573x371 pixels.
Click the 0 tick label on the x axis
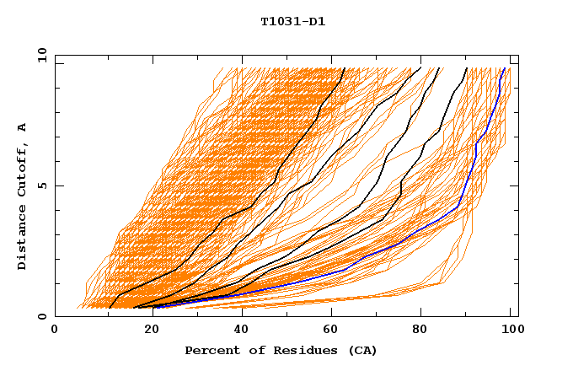point(55,331)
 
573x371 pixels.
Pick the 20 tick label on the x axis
point(147,331)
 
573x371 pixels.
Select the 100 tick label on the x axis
point(511,331)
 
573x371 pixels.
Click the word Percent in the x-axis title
point(210,351)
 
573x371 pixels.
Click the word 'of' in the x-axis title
point(254,351)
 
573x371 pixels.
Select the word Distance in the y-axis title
point(22,238)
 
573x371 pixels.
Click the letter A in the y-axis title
point(22,127)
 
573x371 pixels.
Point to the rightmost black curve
point(441,131)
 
